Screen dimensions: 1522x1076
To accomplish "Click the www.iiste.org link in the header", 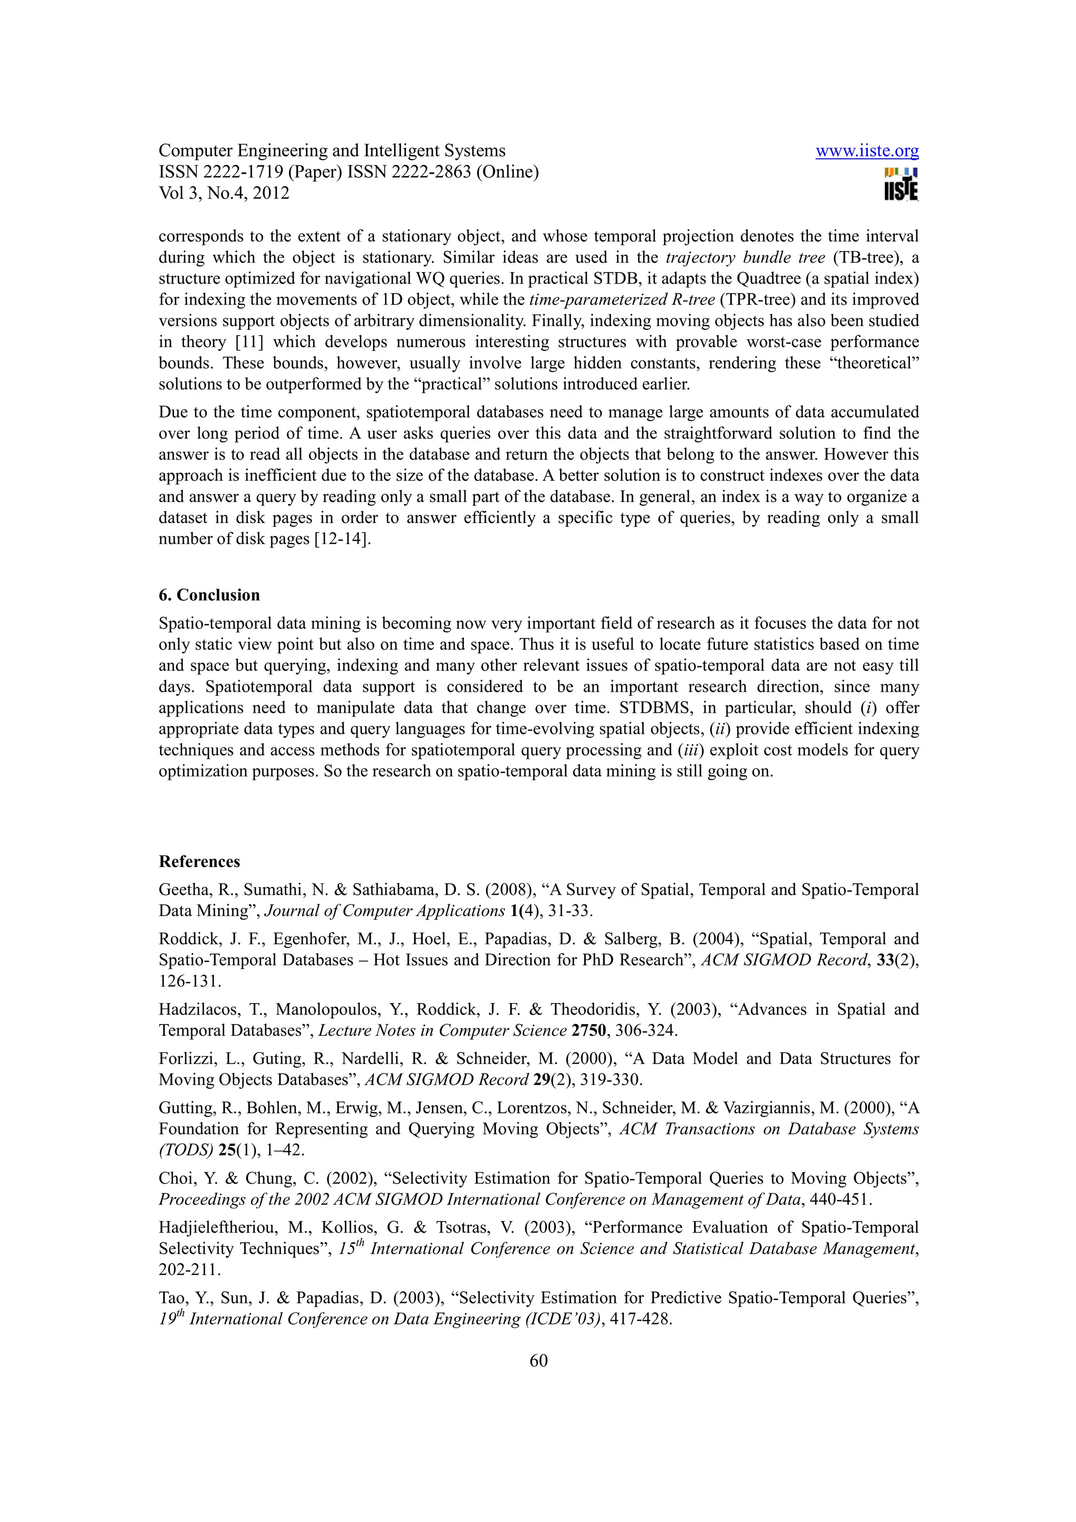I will [866, 151].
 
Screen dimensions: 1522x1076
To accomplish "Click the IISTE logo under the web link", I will [901, 184].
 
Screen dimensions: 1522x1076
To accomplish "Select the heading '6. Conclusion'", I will [209, 595].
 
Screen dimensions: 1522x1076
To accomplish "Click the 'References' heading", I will [199, 861].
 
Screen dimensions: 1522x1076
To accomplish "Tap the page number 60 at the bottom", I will [539, 1360].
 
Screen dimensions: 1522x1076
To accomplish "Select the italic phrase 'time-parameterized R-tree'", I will [621, 300].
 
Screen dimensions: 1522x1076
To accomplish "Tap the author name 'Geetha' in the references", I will [184, 890].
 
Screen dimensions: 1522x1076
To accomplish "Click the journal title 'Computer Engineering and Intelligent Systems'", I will [332, 151].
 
